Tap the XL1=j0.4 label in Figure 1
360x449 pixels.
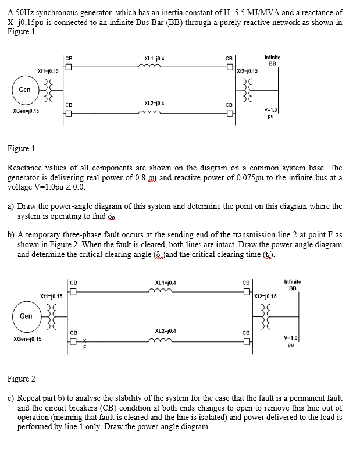[154, 58]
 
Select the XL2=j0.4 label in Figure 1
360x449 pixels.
[154, 103]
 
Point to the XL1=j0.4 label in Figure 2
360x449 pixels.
[166, 283]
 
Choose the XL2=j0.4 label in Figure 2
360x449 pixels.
[166, 330]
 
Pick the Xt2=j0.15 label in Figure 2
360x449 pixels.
[264, 297]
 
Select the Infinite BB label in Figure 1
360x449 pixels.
[272, 60]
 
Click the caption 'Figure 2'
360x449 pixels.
[21, 379]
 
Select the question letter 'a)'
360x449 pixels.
[11, 206]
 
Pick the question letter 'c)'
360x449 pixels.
[11, 398]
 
